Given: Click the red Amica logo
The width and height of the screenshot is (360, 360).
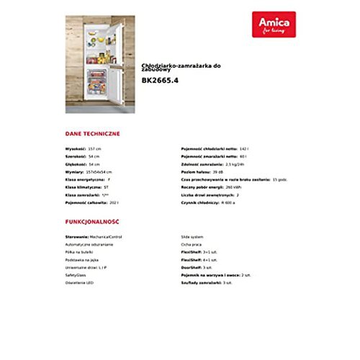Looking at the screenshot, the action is [x=274, y=24].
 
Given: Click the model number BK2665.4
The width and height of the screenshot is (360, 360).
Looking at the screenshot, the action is [x=159, y=81].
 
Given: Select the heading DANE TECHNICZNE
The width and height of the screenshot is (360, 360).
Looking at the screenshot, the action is [x=92, y=133].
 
